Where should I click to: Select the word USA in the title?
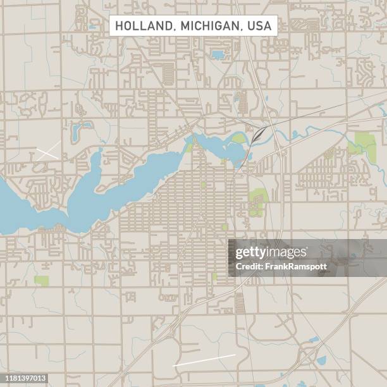pyautogui.click(x=259, y=26)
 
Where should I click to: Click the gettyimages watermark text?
pyautogui.click(x=271, y=253)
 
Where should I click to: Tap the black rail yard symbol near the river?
pyautogui.click(x=258, y=135)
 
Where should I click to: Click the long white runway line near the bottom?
pyautogui.click(x=204, y=360)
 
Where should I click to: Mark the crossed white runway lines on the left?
pyautogui.click(x=48, y=150)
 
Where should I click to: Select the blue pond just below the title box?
pyautogui.click(x=218, y=55)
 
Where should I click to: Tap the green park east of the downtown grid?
pyautogui.click(x=257, y=201)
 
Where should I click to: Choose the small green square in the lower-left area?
pyautogui.click(x=42, y=280)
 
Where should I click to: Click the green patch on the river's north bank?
pyautogui.click(x=238, y=138)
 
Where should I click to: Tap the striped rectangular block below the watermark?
pyautogui.click(x=240, y=303)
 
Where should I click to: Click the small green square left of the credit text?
pyautogui.click(x=215, y=276)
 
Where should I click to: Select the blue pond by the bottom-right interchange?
pyautogui.click(x=321, y=360)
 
